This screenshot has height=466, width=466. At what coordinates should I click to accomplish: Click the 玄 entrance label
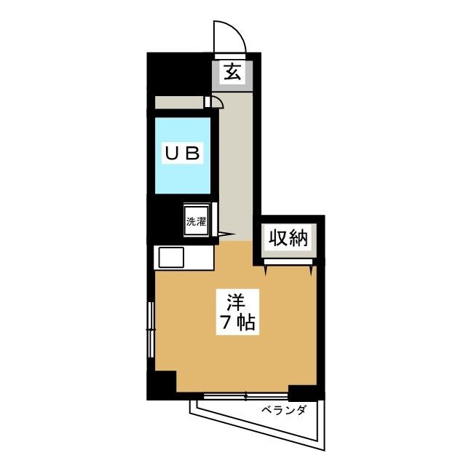(231, 73)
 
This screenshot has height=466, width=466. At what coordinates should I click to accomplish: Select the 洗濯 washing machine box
(197, 221)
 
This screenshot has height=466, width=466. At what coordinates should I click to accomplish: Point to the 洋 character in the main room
(234, 300)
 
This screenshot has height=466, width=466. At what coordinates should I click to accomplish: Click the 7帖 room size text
(236, 323)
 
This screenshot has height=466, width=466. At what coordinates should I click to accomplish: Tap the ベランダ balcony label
(285, 410)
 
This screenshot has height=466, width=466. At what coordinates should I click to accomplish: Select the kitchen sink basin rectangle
(172, 257)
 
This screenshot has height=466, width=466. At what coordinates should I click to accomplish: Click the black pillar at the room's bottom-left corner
(162, 384)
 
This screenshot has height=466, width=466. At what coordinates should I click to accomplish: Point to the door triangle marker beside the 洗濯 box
(224, 234)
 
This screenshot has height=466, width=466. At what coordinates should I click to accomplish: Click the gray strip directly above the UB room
(178, 102)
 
